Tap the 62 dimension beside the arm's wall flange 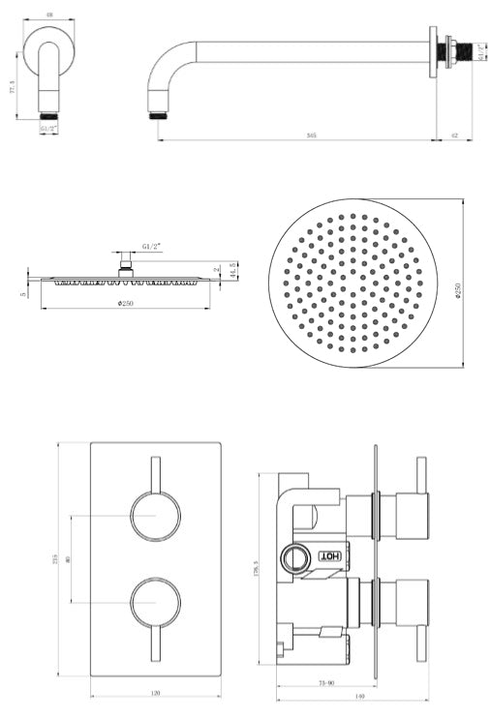click(x=454, y=135)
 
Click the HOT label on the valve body click(x=330, y=558)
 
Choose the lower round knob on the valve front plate click(x=156, y=601)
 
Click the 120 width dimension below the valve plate click(x=156, y=693)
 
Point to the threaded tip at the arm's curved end click(x=156, y=114)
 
